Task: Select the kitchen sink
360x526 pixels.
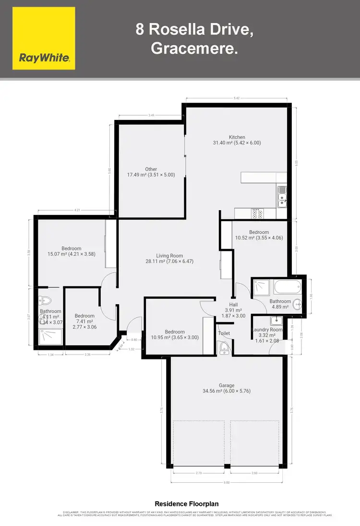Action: click(281, 197)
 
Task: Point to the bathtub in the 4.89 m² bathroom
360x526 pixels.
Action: click(287, 289)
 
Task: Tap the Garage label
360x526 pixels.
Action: click(227, 385)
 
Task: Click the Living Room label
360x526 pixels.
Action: click(169, 256)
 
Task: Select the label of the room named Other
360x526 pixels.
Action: click(151, 169)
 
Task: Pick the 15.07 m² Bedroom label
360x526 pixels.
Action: click(58, 249)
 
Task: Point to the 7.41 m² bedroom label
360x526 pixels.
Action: click(84, 316)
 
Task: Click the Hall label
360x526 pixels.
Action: click(233, 304)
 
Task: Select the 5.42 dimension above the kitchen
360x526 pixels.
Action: click(237, 98)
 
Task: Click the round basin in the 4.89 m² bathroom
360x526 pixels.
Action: click(299, 303)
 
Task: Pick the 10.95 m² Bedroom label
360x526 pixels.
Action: click(175, 332)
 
